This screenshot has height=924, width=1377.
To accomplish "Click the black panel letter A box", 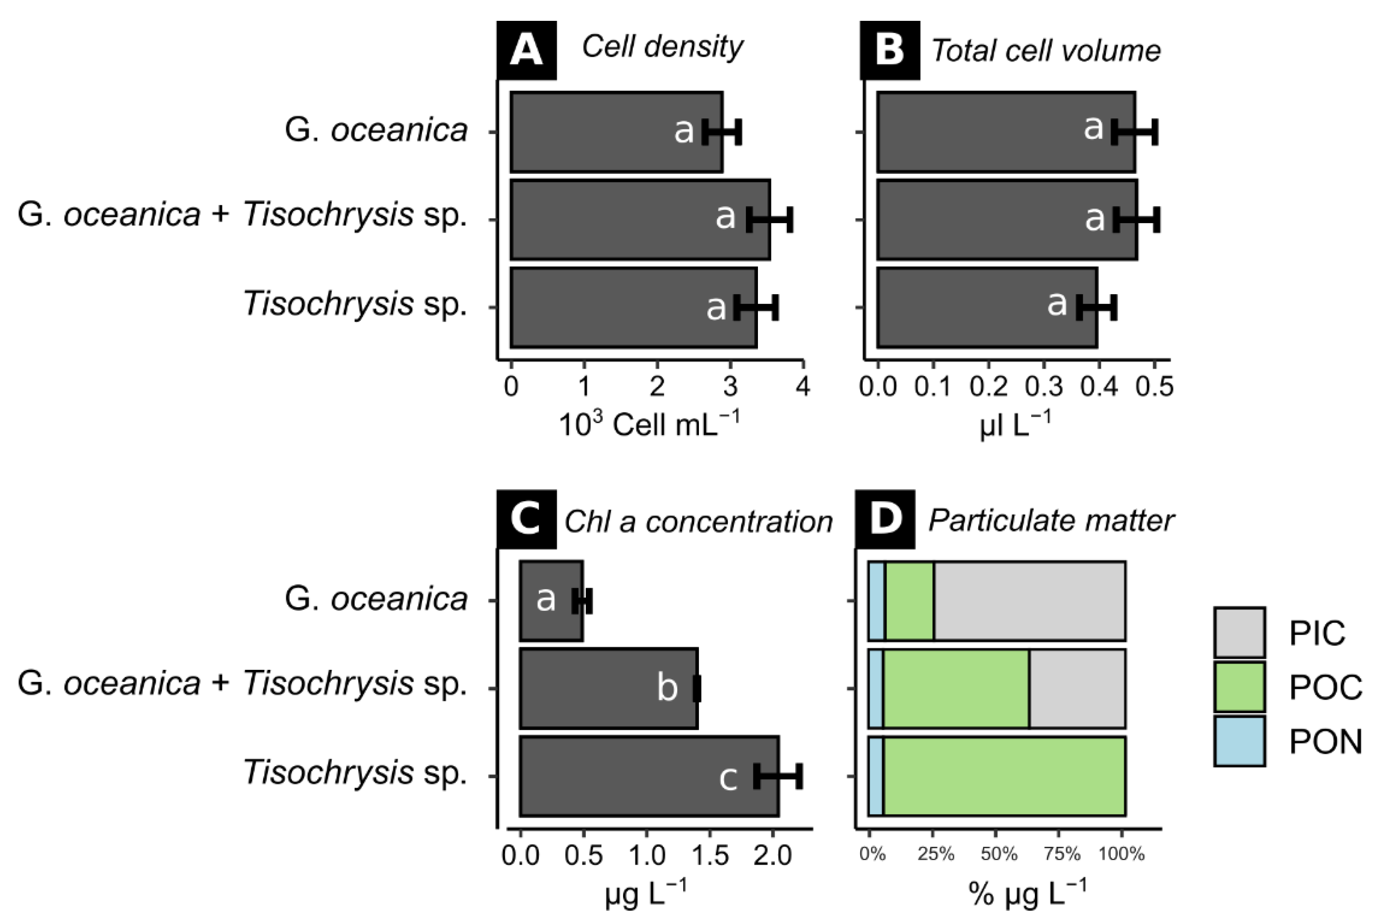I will point(526,51).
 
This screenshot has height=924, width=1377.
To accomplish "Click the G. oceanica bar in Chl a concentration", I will point(551,601).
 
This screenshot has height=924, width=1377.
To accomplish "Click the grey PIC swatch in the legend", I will point(1239,632).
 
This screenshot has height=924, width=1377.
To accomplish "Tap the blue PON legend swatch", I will point(1239,741).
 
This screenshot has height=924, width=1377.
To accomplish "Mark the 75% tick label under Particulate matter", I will point(1062,854).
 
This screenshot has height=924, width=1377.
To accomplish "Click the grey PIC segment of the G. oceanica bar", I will point(1029,601).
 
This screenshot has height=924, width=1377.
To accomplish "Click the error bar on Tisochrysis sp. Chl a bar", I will point(777,776).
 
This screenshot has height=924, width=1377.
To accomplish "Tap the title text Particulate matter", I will point(1051,520).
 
